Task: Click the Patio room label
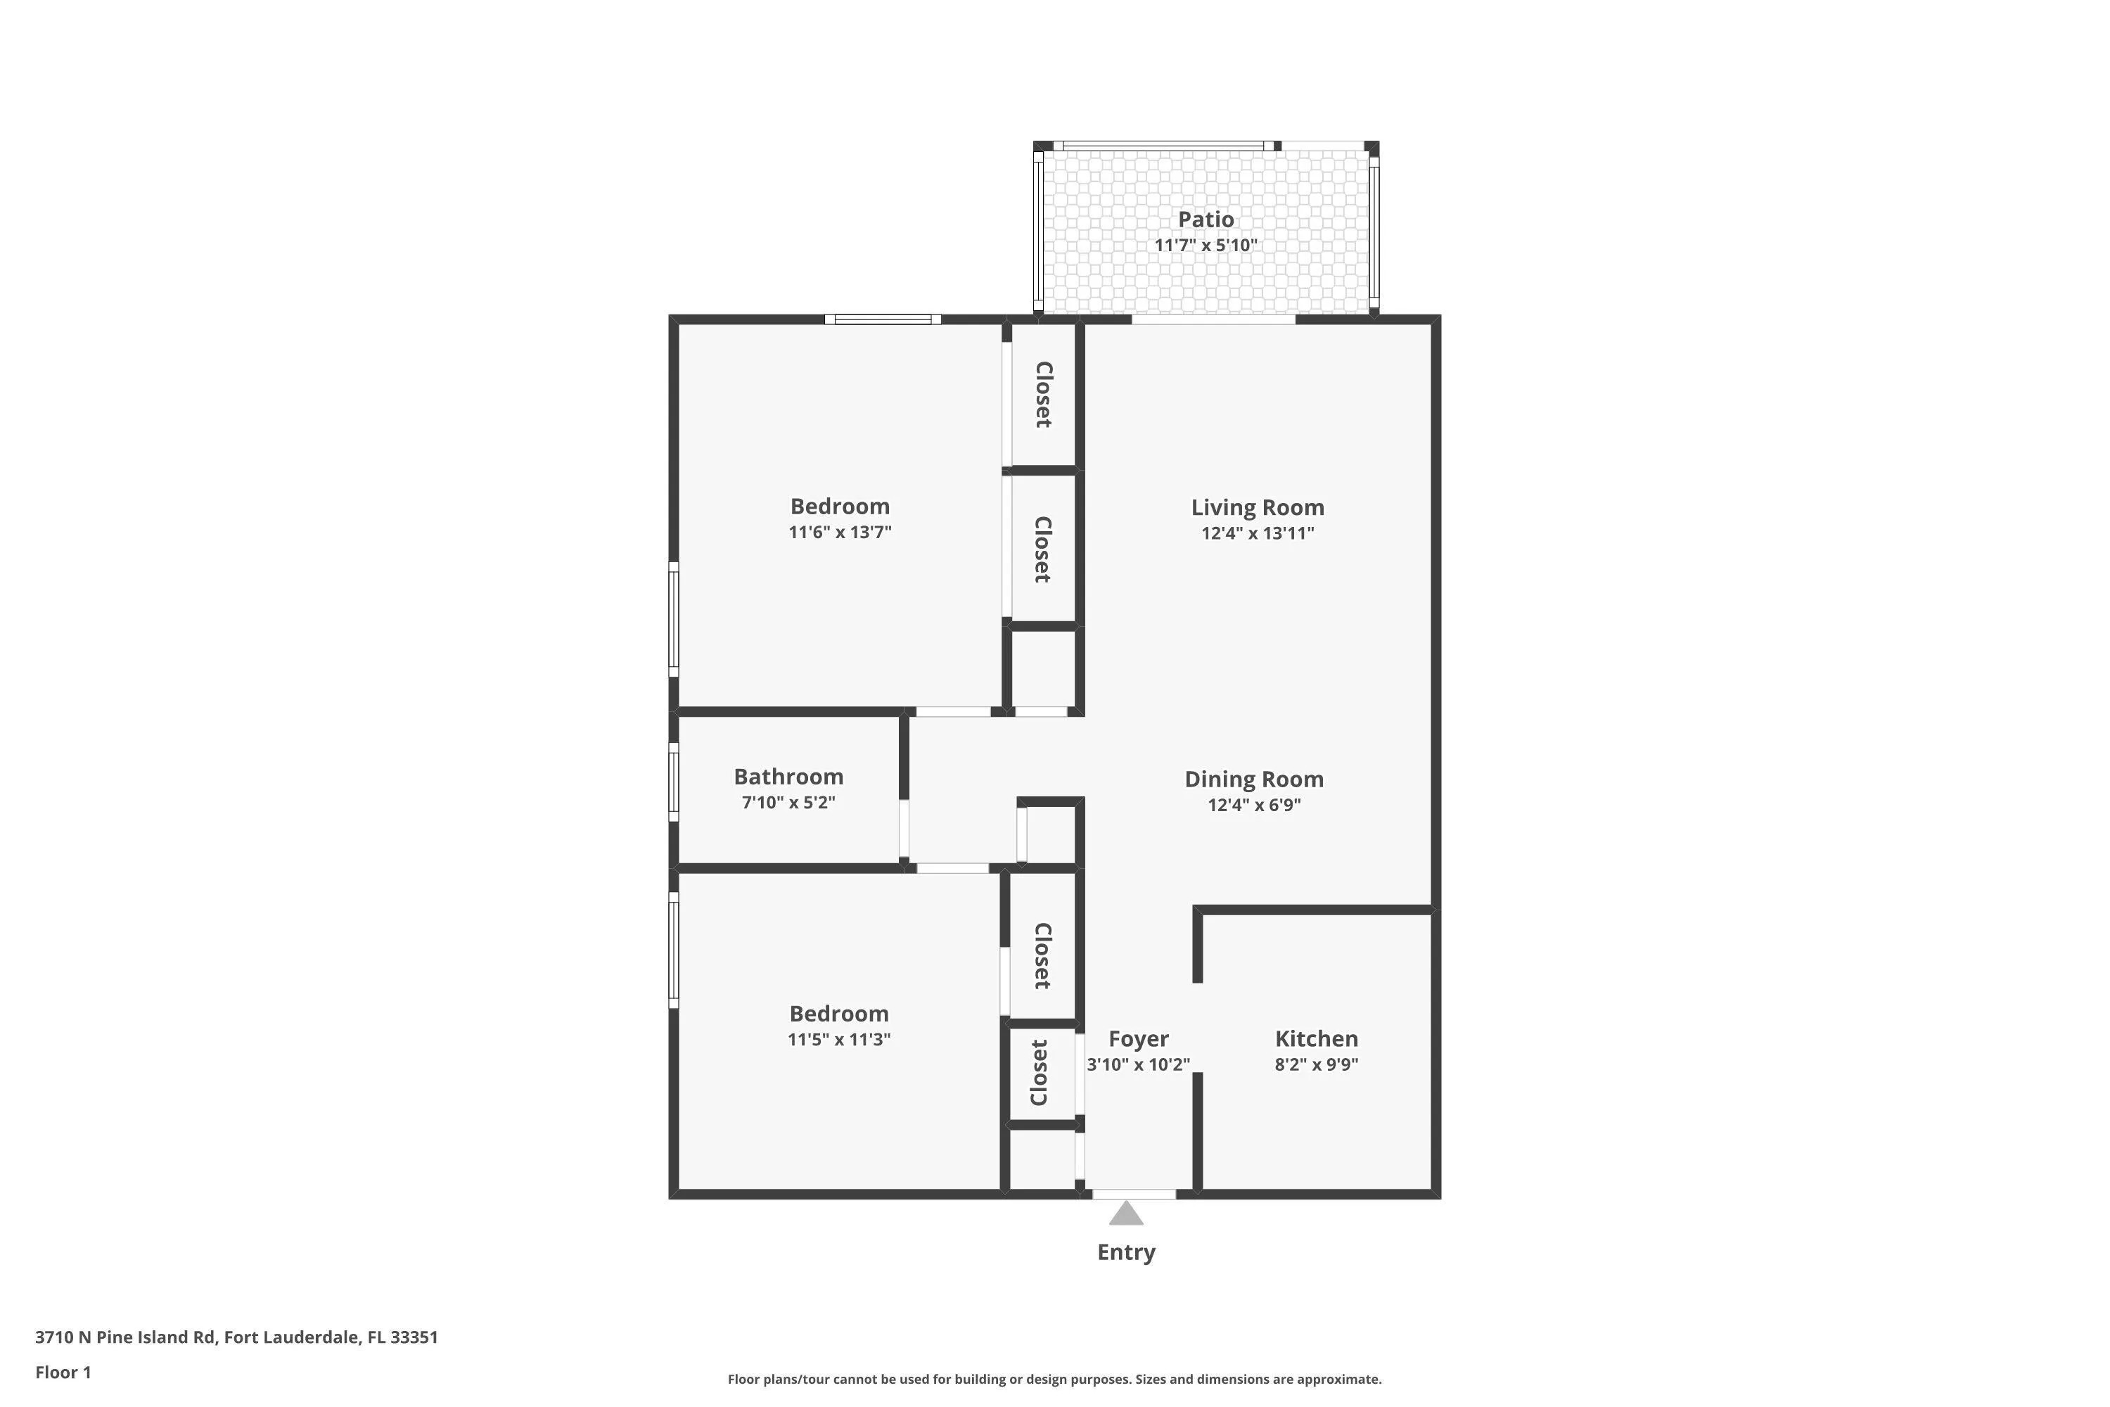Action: pos(1206,219)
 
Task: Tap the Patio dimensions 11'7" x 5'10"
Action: pos(1206,245)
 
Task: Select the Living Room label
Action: pos(1258,507)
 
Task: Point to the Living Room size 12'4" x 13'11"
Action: pos(1258,533)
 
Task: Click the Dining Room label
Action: pos(1254,779)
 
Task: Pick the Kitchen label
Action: pos(1317,1038)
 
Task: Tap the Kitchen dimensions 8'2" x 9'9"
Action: pos(1317,1064)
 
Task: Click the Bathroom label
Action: pos(788,776)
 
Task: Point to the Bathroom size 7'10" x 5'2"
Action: pos(788,802)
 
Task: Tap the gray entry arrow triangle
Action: pos(1126,1213)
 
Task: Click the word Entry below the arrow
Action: pos(1126,1253)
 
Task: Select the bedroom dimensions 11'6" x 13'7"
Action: pos(840,532)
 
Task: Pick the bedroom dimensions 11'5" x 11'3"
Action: pos(839,1040)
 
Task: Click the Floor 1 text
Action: pos(63,1372)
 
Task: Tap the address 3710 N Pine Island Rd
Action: pos(126,1337)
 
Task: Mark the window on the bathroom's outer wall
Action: pos(674,781)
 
